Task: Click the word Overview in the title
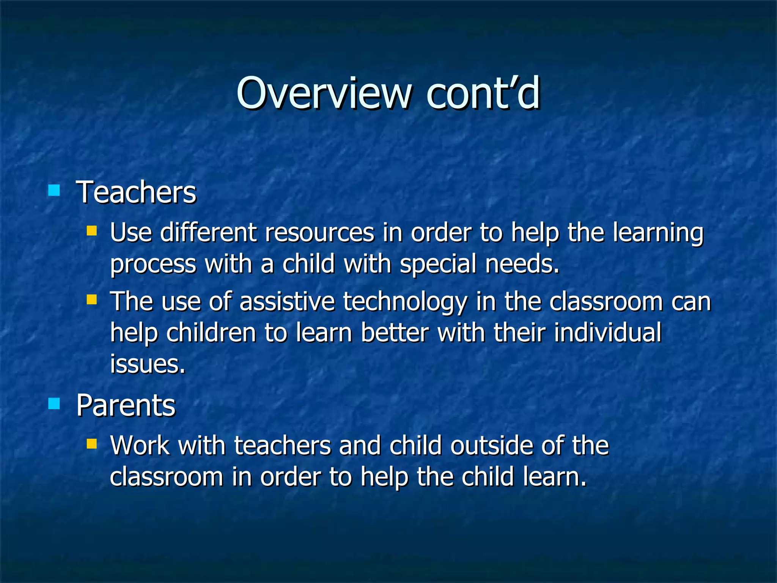324,93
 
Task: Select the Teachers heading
136,192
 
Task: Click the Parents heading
126,405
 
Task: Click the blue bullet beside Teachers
54,190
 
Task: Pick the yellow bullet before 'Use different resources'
92,230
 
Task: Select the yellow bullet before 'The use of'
92,300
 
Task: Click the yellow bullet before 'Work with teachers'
92,444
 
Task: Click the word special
438,264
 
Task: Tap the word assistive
287,302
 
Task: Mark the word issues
148,364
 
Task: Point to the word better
395,332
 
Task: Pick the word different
208,232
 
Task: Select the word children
211,332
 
